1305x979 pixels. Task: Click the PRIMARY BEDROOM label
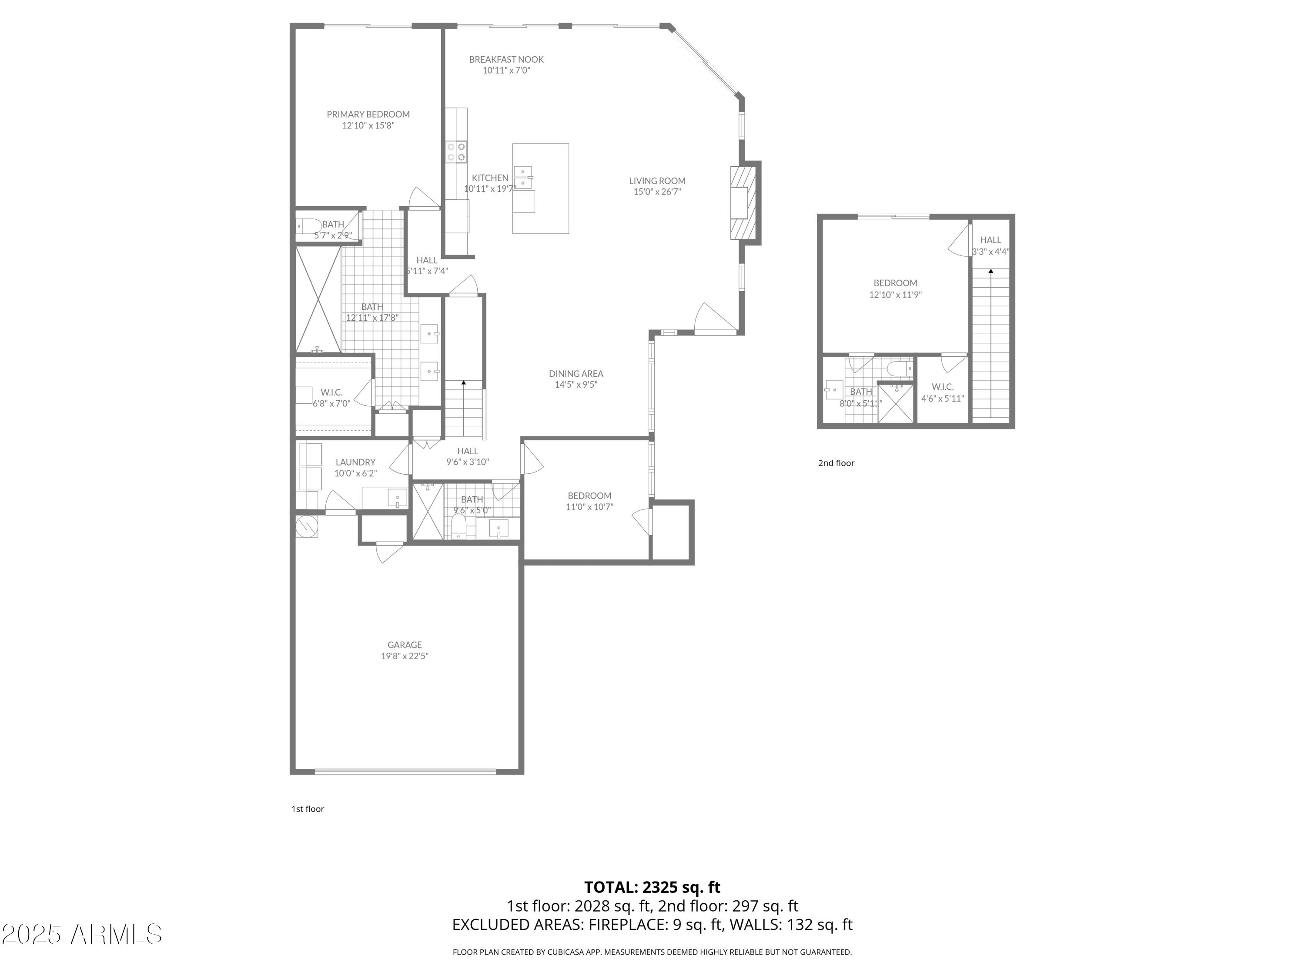[368, 114]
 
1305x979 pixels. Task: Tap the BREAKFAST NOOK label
[506, 60]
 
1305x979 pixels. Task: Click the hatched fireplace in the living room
[743, 202]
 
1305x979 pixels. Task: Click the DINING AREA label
[576, 373]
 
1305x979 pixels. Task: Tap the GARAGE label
[405, 645]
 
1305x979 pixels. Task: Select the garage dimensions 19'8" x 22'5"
[405, 656]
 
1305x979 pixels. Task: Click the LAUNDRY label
[355, 462]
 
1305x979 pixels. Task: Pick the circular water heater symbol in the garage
[307, 526]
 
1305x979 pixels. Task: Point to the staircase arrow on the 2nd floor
[990, 272]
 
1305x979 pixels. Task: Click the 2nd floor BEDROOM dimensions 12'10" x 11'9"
[895, 295]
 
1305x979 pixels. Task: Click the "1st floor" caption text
[308, 809]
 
